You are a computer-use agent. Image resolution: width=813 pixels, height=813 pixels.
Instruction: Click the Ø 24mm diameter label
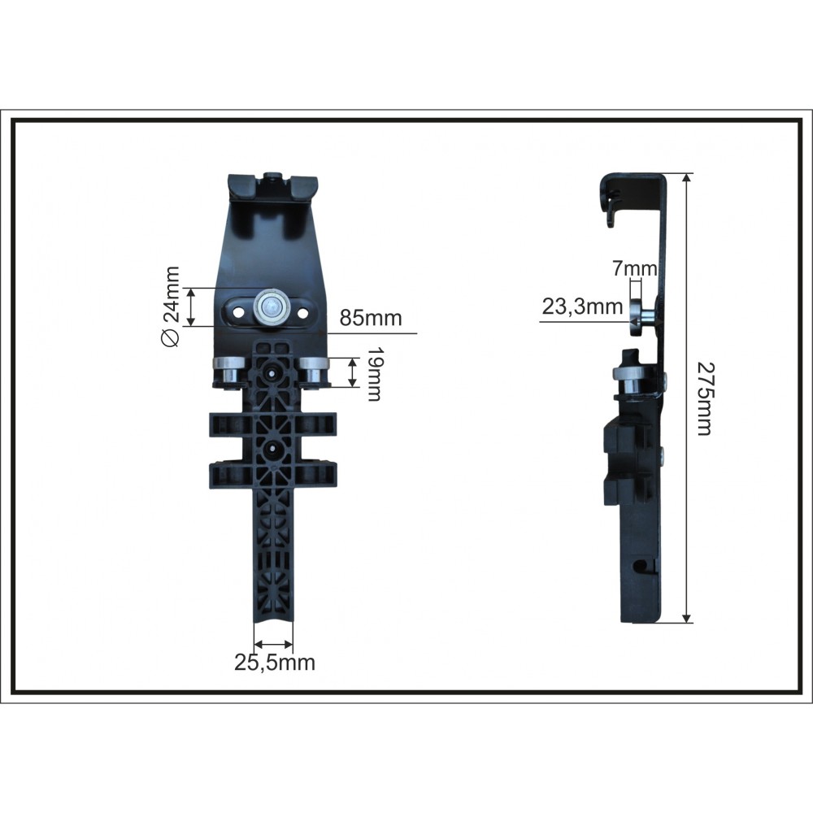point(171,307)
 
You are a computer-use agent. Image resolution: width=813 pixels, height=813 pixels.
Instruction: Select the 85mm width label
point(371,318)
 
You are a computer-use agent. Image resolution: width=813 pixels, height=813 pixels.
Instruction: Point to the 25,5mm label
point(275,663)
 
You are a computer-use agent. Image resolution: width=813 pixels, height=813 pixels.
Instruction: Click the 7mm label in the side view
point(635,267)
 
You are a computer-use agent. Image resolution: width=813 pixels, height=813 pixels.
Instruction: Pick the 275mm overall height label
point(703,398)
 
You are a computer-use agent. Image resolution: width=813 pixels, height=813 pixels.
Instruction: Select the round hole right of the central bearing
point(302,311)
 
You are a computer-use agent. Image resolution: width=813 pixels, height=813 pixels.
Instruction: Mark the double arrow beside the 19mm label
point(352,372)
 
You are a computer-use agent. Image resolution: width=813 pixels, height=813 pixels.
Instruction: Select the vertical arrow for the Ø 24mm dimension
point(192,307)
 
